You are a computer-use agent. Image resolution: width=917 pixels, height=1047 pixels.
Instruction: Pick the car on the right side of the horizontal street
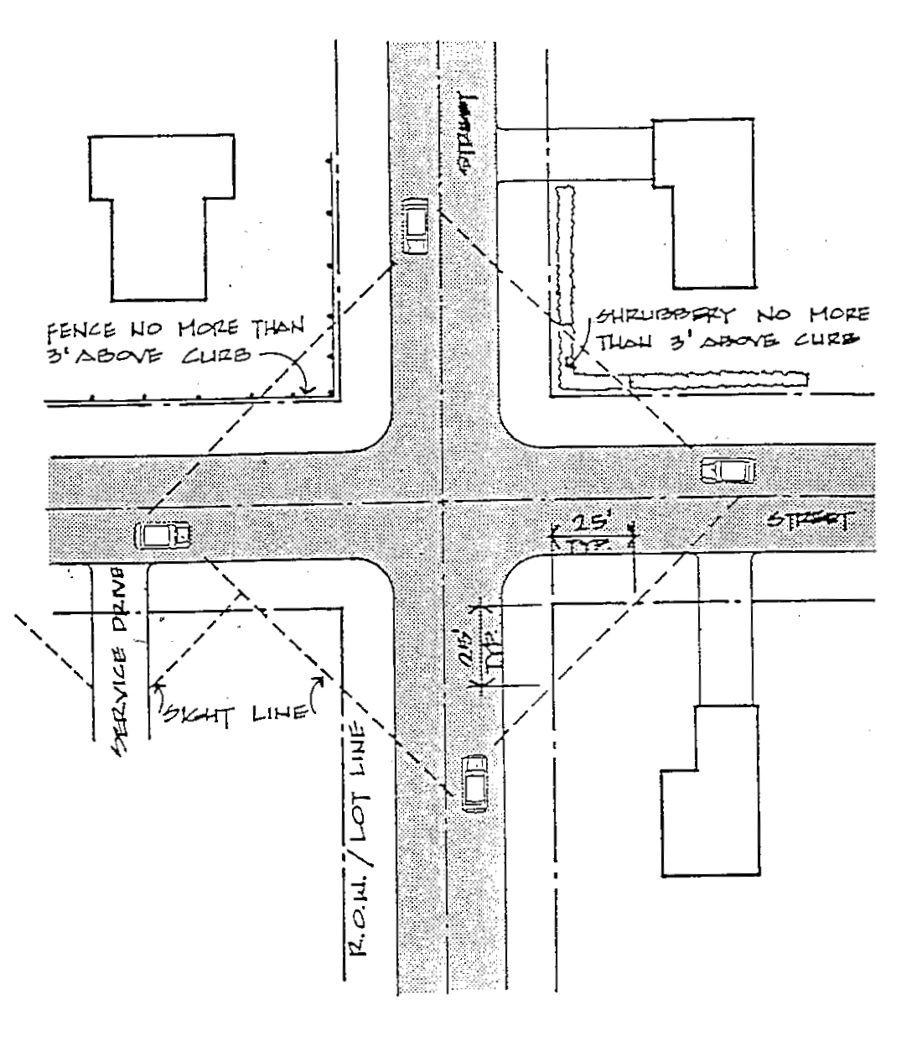click(x=728, y=470)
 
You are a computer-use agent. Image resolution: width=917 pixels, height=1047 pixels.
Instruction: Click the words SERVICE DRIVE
click(x=123, y=659)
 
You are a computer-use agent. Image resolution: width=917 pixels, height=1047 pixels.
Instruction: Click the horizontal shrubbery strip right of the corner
click(x=718, y=380)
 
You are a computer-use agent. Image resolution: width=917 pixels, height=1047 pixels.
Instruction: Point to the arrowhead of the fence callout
click(x=308, y=389)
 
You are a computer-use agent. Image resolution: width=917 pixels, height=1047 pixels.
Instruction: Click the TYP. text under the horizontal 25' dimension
click(x=591, y=545)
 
